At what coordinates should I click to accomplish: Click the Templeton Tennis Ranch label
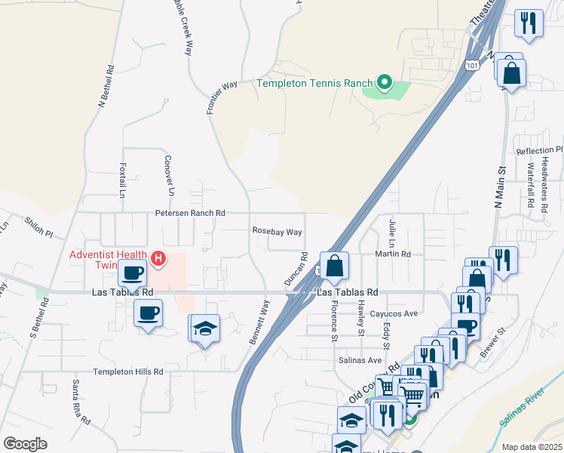click(x=315, y=83)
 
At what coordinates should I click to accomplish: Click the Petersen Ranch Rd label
click(x=191, y=214)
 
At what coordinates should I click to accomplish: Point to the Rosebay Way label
click(x=277, y=232)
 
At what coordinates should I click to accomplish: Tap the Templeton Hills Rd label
click(x=128, y=371)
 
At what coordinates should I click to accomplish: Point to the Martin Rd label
click(x=394, y=254)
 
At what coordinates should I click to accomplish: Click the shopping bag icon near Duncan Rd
click(x=335, y=266)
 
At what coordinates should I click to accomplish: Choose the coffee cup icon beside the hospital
click(x=132, y=273)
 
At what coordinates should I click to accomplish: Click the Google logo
click(x=25, y=444)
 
